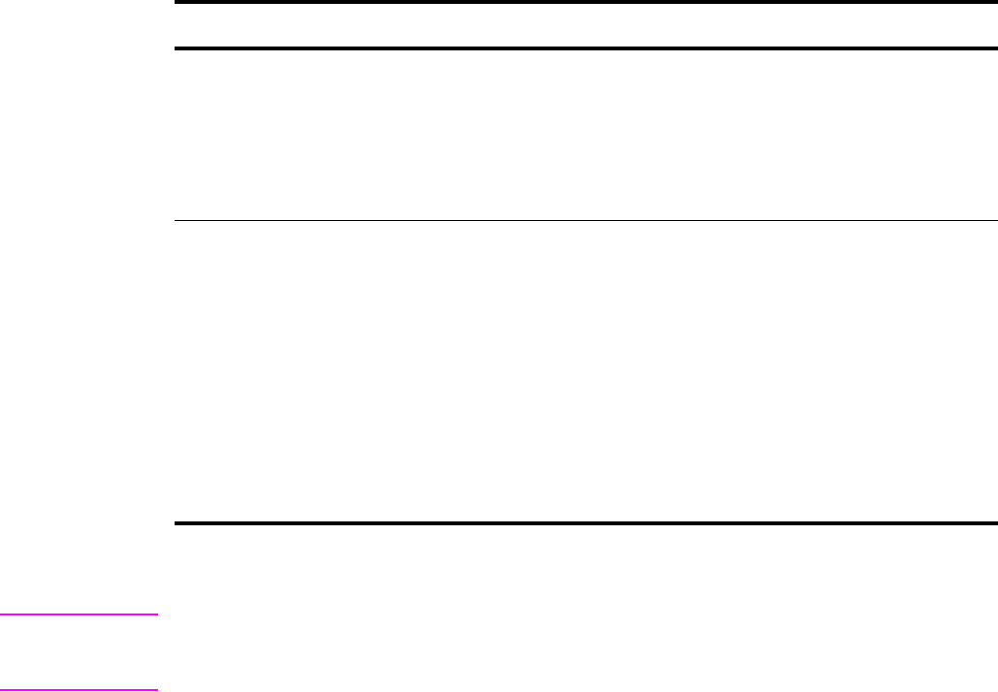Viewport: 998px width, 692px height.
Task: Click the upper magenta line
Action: click(79, 613)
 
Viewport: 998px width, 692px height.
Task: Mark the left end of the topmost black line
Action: click(176, 3)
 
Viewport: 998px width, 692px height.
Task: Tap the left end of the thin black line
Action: click(176, 220)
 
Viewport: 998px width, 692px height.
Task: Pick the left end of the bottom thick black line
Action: click(176, 524)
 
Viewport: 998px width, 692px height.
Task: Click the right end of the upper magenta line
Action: click(155, 613)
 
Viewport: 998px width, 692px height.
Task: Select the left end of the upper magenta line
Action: click(2, 613)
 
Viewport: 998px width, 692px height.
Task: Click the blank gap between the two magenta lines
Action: click(79, 651)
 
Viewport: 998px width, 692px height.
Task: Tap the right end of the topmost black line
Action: click(995, 3)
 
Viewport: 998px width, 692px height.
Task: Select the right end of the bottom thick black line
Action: click(995, 524)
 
